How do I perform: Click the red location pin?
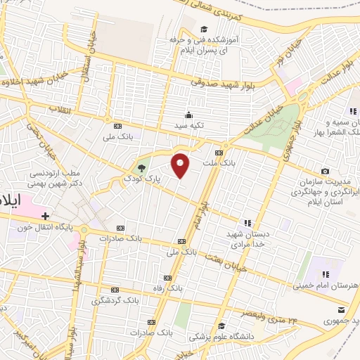pos(181,165)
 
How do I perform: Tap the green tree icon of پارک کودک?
pos(142,168)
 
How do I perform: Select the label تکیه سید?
pos(189,124)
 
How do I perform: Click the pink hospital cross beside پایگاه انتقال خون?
pos(46,216)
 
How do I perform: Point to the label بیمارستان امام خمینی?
pos(328,285)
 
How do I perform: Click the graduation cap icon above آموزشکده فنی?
pos(204,30)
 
